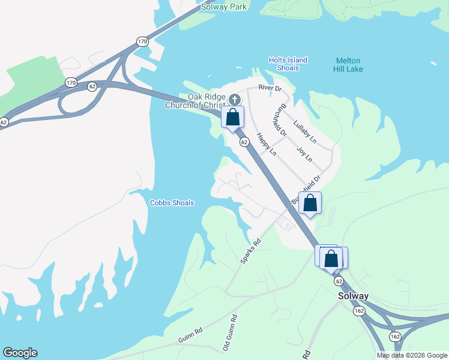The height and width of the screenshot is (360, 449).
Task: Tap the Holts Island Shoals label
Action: [288, 64]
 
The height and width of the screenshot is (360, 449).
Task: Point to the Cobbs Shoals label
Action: [172, 203]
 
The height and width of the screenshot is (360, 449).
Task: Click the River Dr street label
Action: [270, 88]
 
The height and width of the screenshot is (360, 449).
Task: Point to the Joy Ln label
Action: [305, 155]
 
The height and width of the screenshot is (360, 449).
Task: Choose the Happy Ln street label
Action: [266, 145]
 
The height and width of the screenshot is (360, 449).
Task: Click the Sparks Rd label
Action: [250, 251]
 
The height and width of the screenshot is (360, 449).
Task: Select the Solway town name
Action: [352, 296]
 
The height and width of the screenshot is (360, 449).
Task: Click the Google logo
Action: [20, 353]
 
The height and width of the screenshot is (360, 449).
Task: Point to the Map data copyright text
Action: [412, 355]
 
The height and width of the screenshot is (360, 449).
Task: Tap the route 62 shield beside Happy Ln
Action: [244, 142]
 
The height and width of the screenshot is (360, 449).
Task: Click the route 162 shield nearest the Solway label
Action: [359, 311]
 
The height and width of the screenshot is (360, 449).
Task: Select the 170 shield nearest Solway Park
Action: [142, 41]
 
